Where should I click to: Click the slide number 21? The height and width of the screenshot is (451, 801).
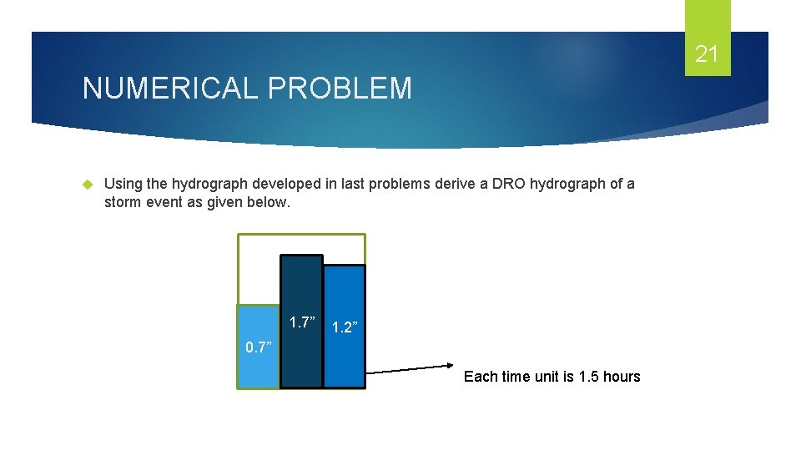pyautogui.click(x=707, y=55)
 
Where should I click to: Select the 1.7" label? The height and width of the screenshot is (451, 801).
pyautogui.click(x=302, y=322)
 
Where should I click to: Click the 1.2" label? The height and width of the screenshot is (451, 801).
pyautogui.click(x=345, y=327)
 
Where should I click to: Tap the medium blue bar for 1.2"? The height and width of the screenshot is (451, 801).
pyautogui.click(x=344, y=359)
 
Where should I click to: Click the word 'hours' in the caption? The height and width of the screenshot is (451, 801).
pyautogui.click(x=622, y=377)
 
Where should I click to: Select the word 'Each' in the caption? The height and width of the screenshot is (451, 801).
pyautogui.click(x=480, y=377)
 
